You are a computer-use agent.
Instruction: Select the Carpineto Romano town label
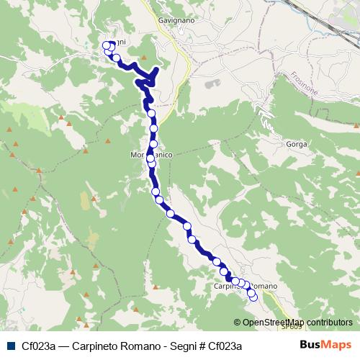pos(245,287)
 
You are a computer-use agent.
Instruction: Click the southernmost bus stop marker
pos(253,297)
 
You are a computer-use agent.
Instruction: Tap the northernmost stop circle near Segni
pos(107,45)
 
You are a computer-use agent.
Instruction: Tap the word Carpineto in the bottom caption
pos(99,346)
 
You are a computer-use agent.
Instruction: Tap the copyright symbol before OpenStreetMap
pos(238,322)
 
